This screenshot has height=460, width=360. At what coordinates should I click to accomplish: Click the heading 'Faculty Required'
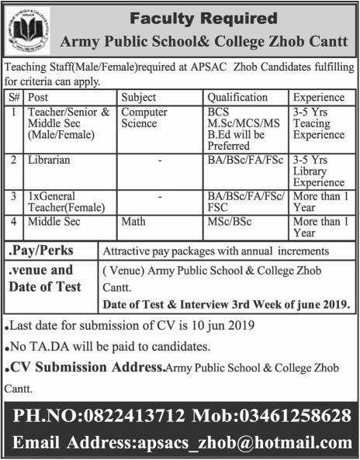click(x=203, y=16)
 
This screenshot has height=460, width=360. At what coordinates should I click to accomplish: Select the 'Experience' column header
click(x=319, y=99)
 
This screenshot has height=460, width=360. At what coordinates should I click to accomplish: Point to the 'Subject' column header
click(x=139, y=99)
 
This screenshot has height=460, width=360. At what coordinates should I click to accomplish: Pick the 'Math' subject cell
click(x=133, y=222)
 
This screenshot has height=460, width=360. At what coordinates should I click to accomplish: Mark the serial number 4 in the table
click(x=14, y=222)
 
